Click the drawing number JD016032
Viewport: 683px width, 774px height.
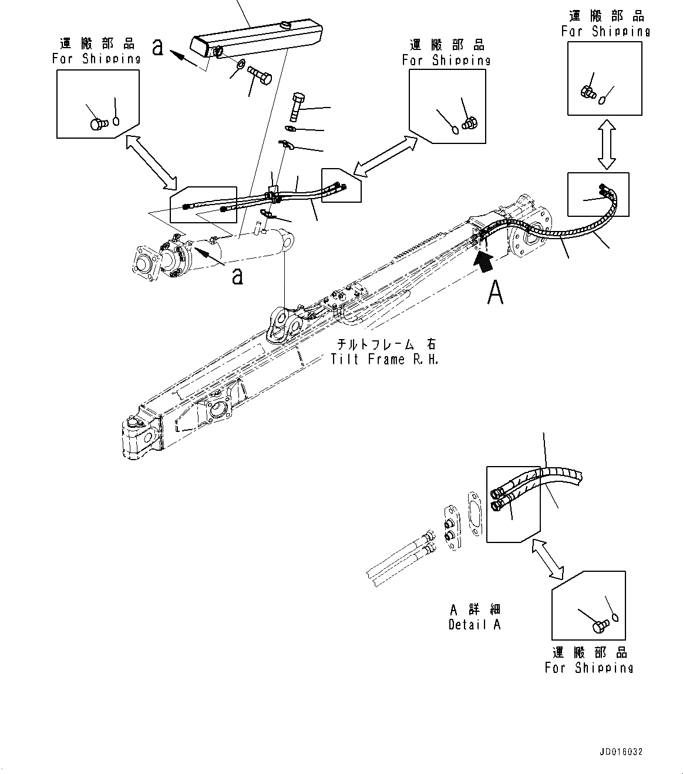(621, 752)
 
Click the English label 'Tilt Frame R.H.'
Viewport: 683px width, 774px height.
(385, 359)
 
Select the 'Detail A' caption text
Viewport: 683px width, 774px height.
(475, 624)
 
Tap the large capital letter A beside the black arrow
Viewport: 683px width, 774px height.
(495, 292)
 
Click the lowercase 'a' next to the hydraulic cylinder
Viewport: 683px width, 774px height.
(237, 275)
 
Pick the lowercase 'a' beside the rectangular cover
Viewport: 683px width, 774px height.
(157, 47)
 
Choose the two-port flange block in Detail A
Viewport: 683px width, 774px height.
(453, 527)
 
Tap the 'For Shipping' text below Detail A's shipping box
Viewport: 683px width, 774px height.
(588, 668)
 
